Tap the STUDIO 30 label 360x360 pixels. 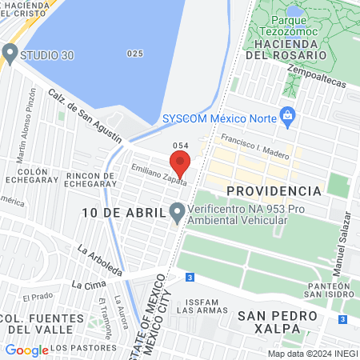click(46, 55)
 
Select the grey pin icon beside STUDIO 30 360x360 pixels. click(10, 54)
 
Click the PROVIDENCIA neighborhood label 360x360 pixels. click(274, 191)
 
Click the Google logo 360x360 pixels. click(26, 350)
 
